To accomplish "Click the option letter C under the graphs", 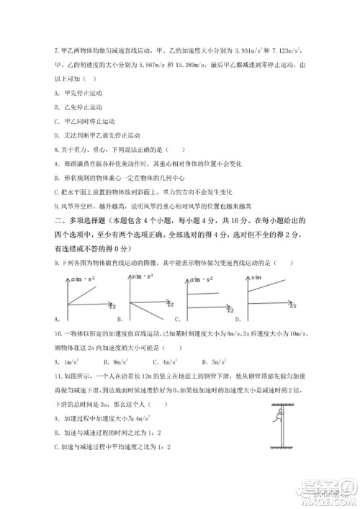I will pos(176,318).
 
